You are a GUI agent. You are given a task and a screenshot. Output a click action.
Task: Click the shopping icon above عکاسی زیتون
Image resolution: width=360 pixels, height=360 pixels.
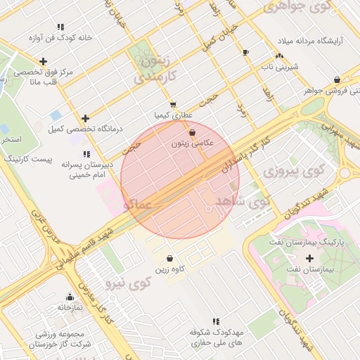click(192, 131)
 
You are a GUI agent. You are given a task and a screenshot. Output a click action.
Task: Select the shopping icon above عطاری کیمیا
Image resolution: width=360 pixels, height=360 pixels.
click(173, 104)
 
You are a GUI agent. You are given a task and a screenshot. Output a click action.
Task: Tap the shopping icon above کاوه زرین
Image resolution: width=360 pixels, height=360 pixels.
click(170, 258)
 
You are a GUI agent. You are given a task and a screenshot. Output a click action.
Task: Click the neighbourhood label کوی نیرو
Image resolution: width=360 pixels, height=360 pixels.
click(128, 284)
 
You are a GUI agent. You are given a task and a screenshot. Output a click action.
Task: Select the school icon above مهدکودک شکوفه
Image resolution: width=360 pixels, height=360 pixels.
click(215, 321)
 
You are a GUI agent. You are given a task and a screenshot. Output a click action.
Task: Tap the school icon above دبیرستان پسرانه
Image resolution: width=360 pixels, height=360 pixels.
click(86, 154)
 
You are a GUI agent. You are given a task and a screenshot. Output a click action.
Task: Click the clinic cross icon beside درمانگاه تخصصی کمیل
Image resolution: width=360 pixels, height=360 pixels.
click(86, 119)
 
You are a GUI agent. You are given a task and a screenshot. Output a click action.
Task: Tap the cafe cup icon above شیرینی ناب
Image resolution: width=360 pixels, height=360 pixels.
click(245, 53)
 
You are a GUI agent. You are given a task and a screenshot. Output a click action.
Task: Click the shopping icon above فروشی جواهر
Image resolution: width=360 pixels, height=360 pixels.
click(337, 79)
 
